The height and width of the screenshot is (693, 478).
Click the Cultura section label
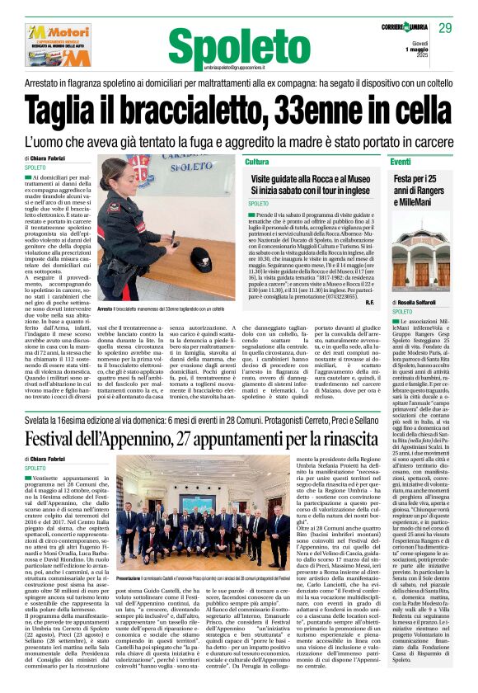point(257,162)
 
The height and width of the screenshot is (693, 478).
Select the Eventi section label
point(424,162)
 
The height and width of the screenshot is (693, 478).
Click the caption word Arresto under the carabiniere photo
point(105,331)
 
